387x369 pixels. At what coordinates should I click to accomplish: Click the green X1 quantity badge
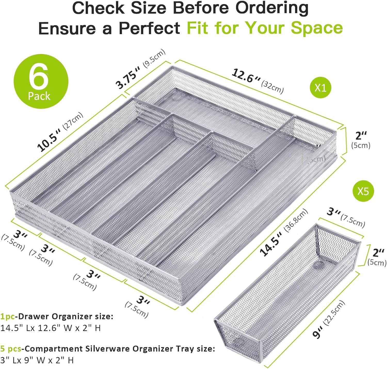[320, 88]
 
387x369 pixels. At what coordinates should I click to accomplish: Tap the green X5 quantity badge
[363, 191]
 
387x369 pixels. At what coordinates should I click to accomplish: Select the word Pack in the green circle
[39, 96]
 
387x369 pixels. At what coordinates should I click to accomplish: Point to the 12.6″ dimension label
[246, 76]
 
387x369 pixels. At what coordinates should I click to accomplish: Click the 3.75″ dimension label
[128, 77]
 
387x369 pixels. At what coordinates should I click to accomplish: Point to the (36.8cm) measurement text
[296, 220]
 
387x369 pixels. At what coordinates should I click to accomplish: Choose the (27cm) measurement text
[73, 121]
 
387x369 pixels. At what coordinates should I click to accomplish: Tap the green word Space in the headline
[317, 28]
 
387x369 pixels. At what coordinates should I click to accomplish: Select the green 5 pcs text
[11, 349]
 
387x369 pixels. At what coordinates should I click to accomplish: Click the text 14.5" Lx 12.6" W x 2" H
[50, 328]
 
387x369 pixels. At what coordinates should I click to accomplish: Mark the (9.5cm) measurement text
[154, 59]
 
